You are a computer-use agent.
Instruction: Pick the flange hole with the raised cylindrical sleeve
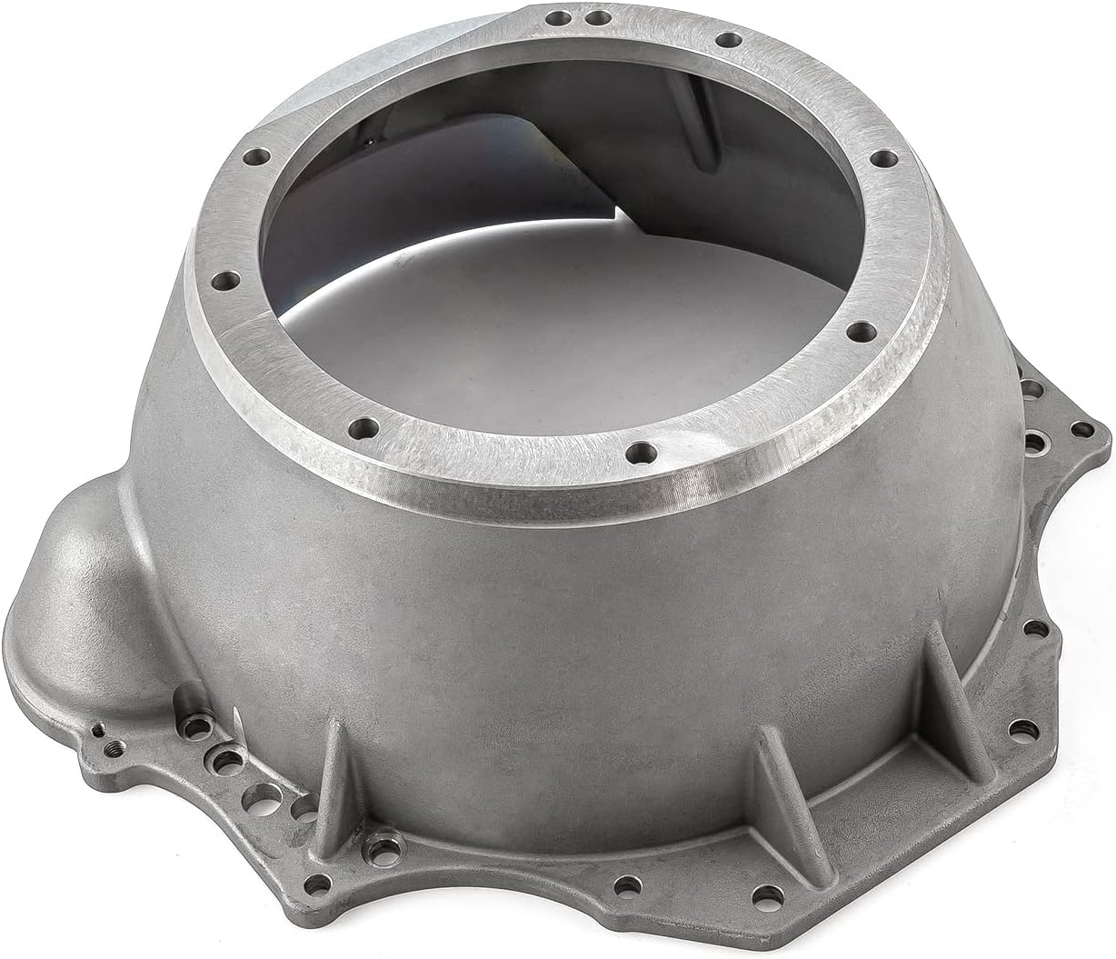[x=220, y=757]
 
